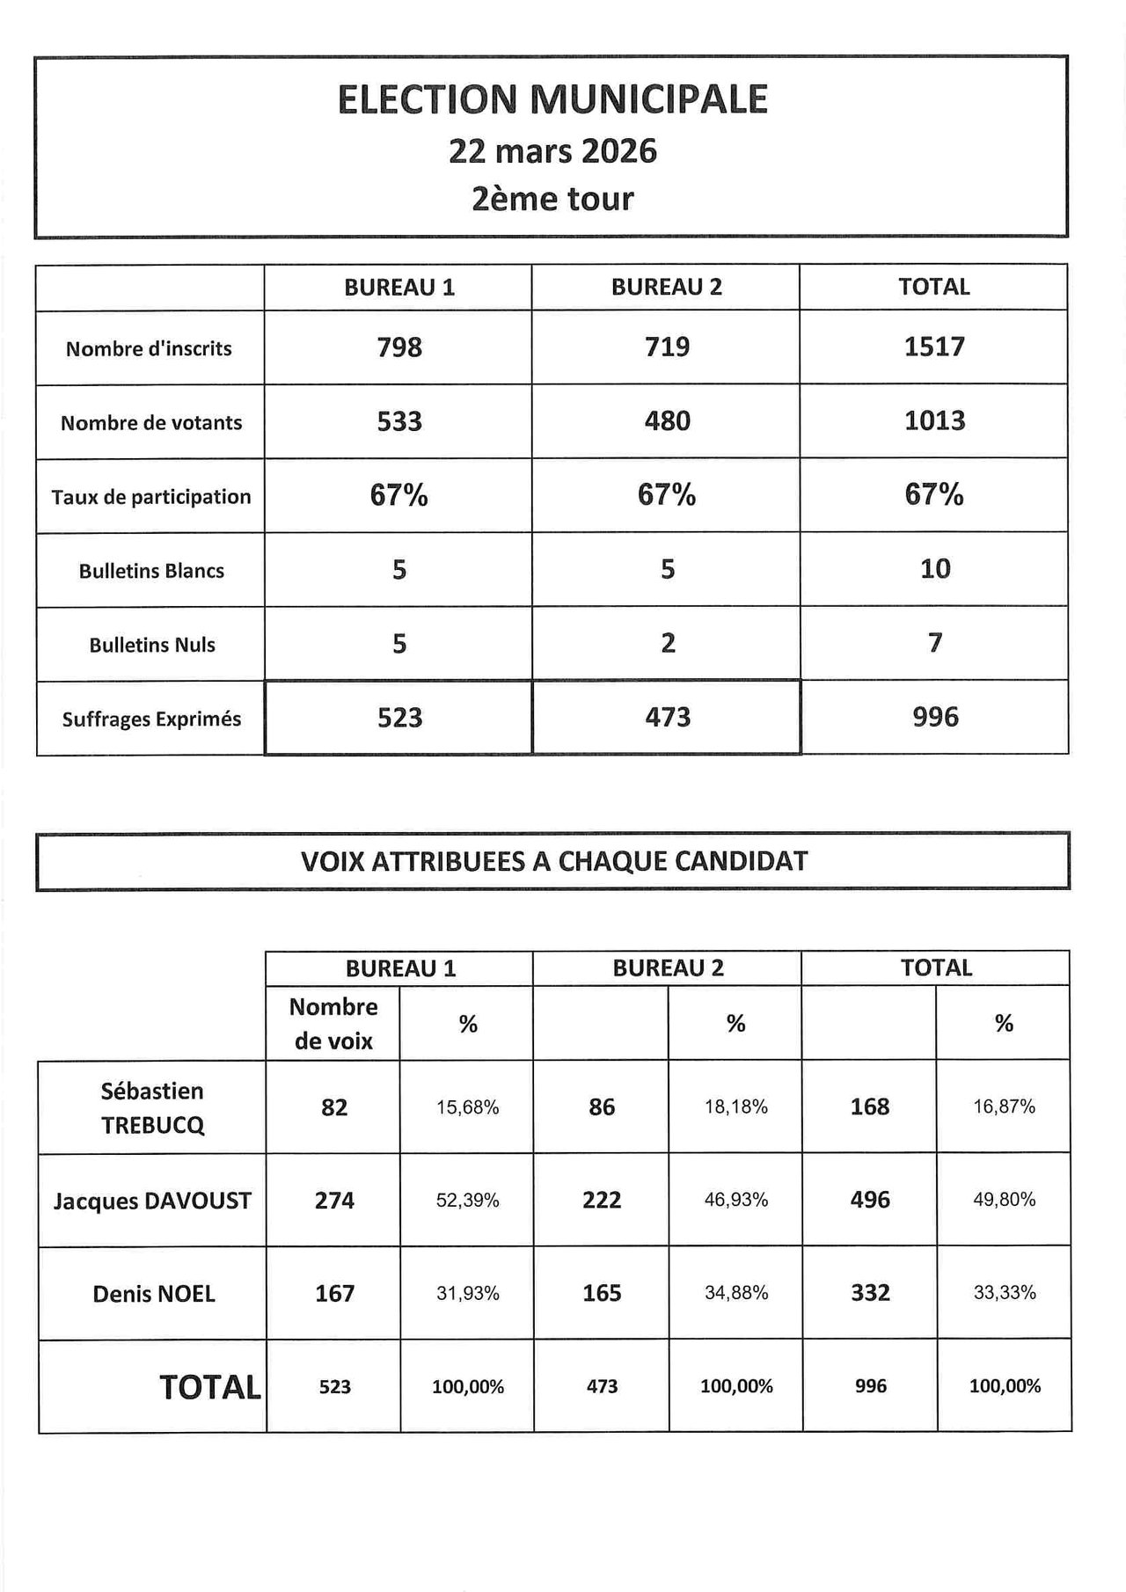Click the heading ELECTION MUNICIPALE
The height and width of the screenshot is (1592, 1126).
552,99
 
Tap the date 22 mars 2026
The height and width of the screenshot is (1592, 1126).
552,151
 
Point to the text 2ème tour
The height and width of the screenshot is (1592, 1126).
552,199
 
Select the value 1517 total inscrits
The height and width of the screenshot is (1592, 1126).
934,347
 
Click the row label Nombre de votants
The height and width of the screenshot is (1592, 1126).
151,423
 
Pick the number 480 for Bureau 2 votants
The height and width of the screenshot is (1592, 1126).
667,421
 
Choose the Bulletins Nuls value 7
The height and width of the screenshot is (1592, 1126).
934,643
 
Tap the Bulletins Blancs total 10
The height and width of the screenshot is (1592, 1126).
934,569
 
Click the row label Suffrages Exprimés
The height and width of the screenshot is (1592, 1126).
151,719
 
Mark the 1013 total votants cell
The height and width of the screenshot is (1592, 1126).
934,421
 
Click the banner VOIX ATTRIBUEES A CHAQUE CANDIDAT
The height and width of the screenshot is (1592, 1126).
554,861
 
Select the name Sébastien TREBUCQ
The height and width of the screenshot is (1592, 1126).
152,1108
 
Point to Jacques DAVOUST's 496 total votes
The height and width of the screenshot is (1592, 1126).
870,1201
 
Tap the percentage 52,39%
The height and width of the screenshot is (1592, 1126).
467,1201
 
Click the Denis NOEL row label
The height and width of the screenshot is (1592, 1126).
154,1294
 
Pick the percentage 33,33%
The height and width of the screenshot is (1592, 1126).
1004,1293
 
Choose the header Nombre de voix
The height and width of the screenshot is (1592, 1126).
333,1024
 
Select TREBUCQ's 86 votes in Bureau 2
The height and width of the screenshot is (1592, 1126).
602,1107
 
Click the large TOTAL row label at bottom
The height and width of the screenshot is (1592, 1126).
210,1388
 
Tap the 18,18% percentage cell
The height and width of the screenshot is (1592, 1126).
735,1107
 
